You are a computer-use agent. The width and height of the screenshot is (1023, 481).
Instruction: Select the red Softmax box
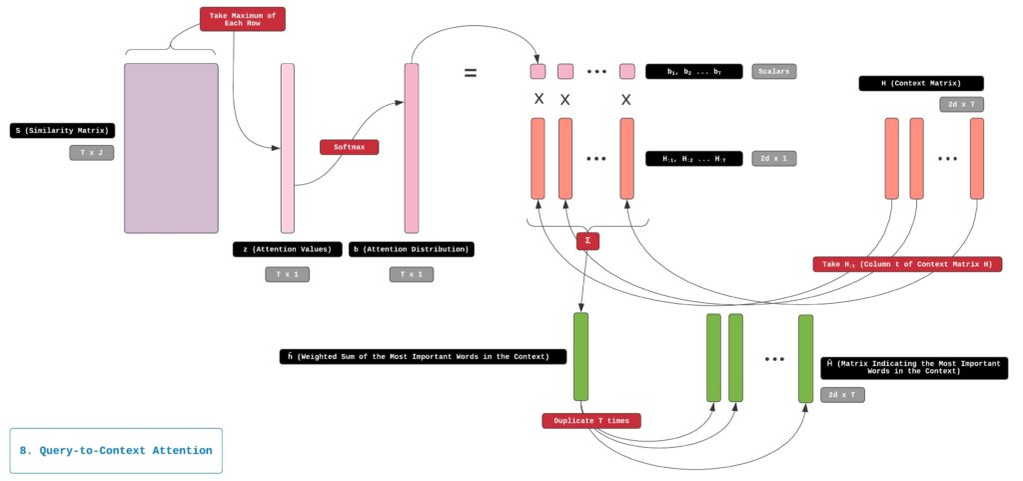(x=349, y=147)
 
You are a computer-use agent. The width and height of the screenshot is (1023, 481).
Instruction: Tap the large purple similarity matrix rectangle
(x=171, y=148)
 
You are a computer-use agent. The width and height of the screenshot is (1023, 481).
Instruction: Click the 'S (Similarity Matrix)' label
(x=63, y=131)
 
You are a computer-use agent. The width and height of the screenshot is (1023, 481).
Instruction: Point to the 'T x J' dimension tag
(x=91, y=153)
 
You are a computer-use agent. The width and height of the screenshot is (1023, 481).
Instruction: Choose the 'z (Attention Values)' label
(x=287, y=249)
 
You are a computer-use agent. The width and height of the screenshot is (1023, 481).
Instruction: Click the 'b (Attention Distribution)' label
(x=411, y=249)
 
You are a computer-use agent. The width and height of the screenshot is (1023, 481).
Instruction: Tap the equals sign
(x=470, y=72)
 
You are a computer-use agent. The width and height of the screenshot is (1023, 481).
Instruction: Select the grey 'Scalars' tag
(x=774, y=71)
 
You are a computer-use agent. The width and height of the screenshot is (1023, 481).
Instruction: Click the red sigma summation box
(x=587, y=241)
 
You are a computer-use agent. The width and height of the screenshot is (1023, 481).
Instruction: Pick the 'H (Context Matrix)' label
(x=920, y=84)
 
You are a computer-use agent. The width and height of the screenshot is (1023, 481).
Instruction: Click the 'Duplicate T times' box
(x=591, y=421)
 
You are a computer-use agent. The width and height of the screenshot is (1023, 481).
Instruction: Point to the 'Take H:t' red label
(x=907, y=264)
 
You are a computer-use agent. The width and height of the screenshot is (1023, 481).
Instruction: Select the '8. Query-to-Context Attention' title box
(x=116, y=450)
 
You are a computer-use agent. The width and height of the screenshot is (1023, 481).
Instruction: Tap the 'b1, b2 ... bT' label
(x=693, y=71)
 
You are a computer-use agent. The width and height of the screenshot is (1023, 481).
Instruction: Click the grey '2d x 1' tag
(x=774, y=159)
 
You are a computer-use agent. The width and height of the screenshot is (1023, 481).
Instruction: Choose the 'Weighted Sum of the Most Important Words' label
(x=423, y=357)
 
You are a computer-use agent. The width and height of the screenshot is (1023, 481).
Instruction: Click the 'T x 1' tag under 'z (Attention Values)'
(x=287, y=275)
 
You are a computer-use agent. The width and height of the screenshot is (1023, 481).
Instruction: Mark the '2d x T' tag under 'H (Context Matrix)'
(x=962, y=104)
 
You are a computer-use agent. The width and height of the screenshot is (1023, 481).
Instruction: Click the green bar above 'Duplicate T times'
(x=580, y=356)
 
